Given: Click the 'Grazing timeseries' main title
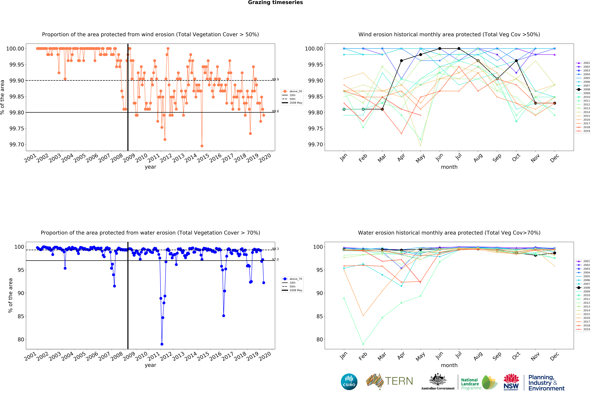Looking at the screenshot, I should (275, 3).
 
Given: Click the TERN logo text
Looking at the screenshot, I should (399, 381).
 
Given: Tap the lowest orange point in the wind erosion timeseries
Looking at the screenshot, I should (202, 146).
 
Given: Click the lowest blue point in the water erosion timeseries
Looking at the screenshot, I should (162, 344).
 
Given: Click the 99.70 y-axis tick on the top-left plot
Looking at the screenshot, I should (17, 145).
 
